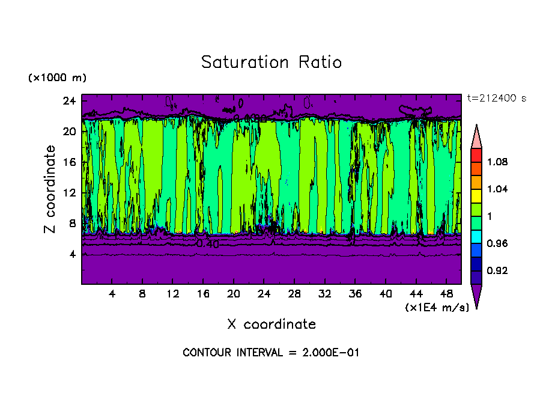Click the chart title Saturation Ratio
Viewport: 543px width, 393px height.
271,62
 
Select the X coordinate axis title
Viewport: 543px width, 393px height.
271,324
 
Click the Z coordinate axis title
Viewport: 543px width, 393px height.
50,189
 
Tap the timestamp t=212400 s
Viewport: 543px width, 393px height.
496,99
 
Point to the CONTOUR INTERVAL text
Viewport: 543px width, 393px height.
271,353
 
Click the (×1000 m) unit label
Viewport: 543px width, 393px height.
57,78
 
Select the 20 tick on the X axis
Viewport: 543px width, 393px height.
233,294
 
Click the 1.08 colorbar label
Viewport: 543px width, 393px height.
499,162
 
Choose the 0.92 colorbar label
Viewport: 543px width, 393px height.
499,271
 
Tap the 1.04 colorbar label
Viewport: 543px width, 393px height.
499,189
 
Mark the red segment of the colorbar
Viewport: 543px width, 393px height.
476,154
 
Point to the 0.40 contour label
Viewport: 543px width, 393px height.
208,244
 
